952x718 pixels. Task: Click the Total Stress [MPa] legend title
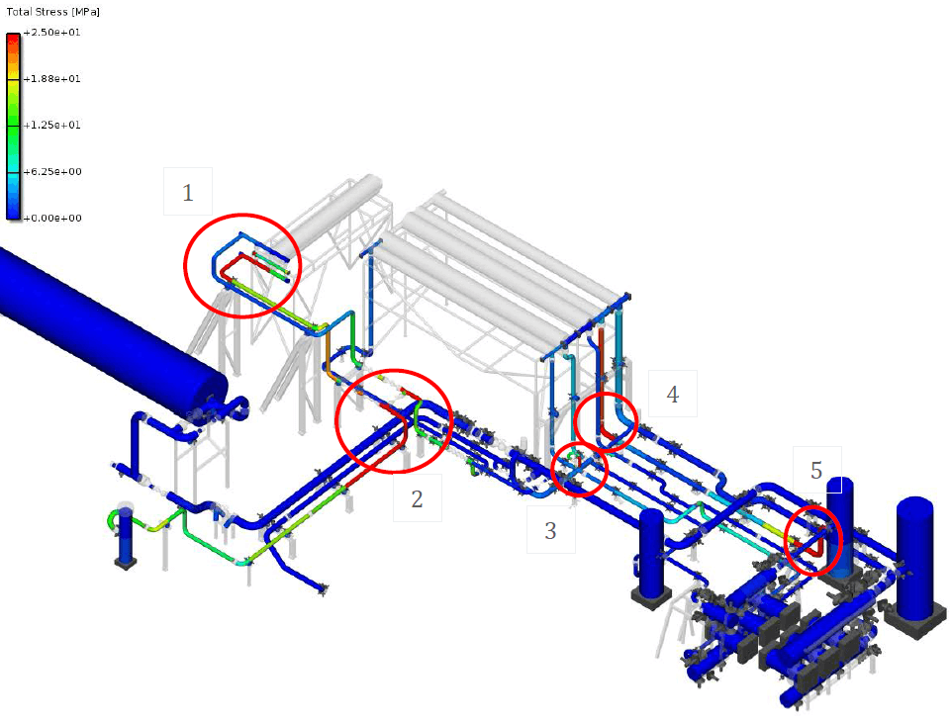click(x=51, y=12)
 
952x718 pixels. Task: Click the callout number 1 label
click(x=188, y=193)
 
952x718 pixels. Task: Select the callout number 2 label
click(x=417, y=498)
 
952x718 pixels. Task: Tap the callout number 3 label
click(x=550, y=531)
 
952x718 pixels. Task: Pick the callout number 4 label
click(x=673, y=394)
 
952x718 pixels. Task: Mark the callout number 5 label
click(x=816, y=470)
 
